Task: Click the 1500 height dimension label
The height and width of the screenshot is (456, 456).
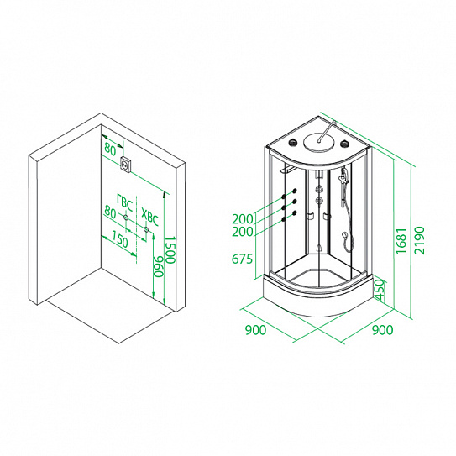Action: (x=170, y=249)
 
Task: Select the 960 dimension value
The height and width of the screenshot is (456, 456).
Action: (x=159, y=266)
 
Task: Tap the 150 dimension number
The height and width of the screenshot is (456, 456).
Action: (x=119, y=241)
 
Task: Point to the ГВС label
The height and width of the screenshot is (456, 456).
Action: (x=125, y=202)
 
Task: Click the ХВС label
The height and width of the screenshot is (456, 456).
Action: (x=150, y=217)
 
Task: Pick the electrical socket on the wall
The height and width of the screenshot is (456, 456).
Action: (x=127, y=165)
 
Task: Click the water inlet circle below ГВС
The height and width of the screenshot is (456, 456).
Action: (x=126, y=218)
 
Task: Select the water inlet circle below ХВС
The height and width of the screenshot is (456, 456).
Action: (x=146, y=229)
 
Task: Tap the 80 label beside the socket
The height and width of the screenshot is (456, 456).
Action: (x=110, y=149)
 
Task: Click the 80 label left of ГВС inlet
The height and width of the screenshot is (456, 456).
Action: (x=110, y=212)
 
